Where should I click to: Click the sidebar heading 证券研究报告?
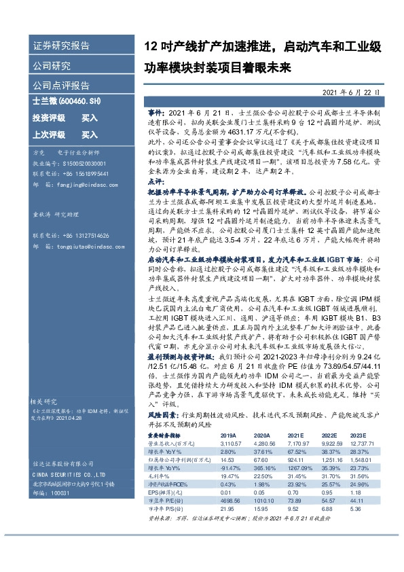click(60, 47)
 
